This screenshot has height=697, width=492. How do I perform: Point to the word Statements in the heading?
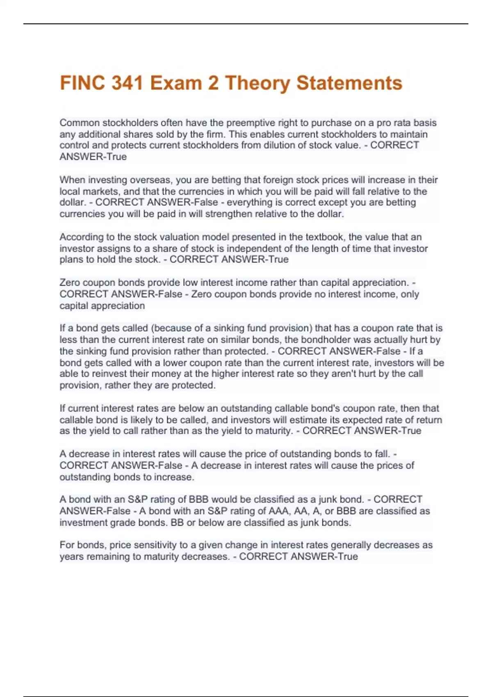tap(349, 83)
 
